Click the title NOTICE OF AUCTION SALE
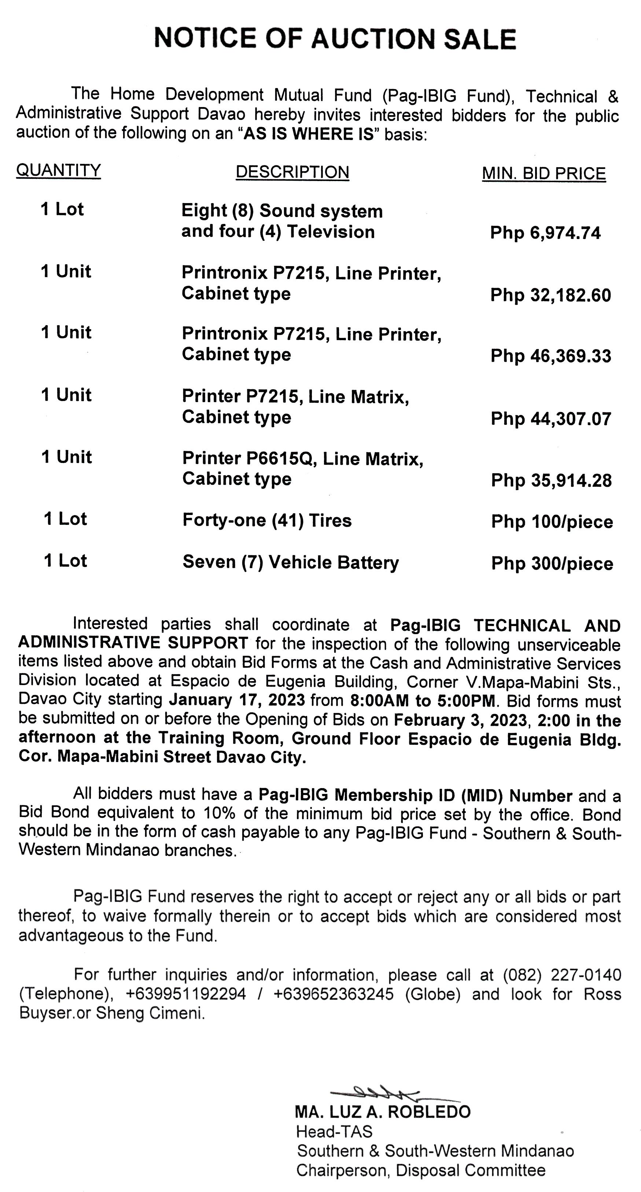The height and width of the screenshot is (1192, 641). point(335,38)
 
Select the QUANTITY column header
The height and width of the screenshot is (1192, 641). point(58,170)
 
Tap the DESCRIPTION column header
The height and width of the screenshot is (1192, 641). point(292,172)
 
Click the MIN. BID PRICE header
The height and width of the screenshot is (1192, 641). point(544,173)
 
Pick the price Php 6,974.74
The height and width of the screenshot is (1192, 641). point(545,233)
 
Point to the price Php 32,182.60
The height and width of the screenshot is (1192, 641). point(550,295)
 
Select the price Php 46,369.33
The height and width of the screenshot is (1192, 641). point(551,356)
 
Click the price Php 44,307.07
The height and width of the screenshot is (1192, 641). point(551,419)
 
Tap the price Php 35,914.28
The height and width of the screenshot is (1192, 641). point(551,480)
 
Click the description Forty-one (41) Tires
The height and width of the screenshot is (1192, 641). point(267,520)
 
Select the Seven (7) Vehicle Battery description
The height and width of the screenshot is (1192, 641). point(291,562)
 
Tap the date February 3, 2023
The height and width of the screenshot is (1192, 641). point(461,720)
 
